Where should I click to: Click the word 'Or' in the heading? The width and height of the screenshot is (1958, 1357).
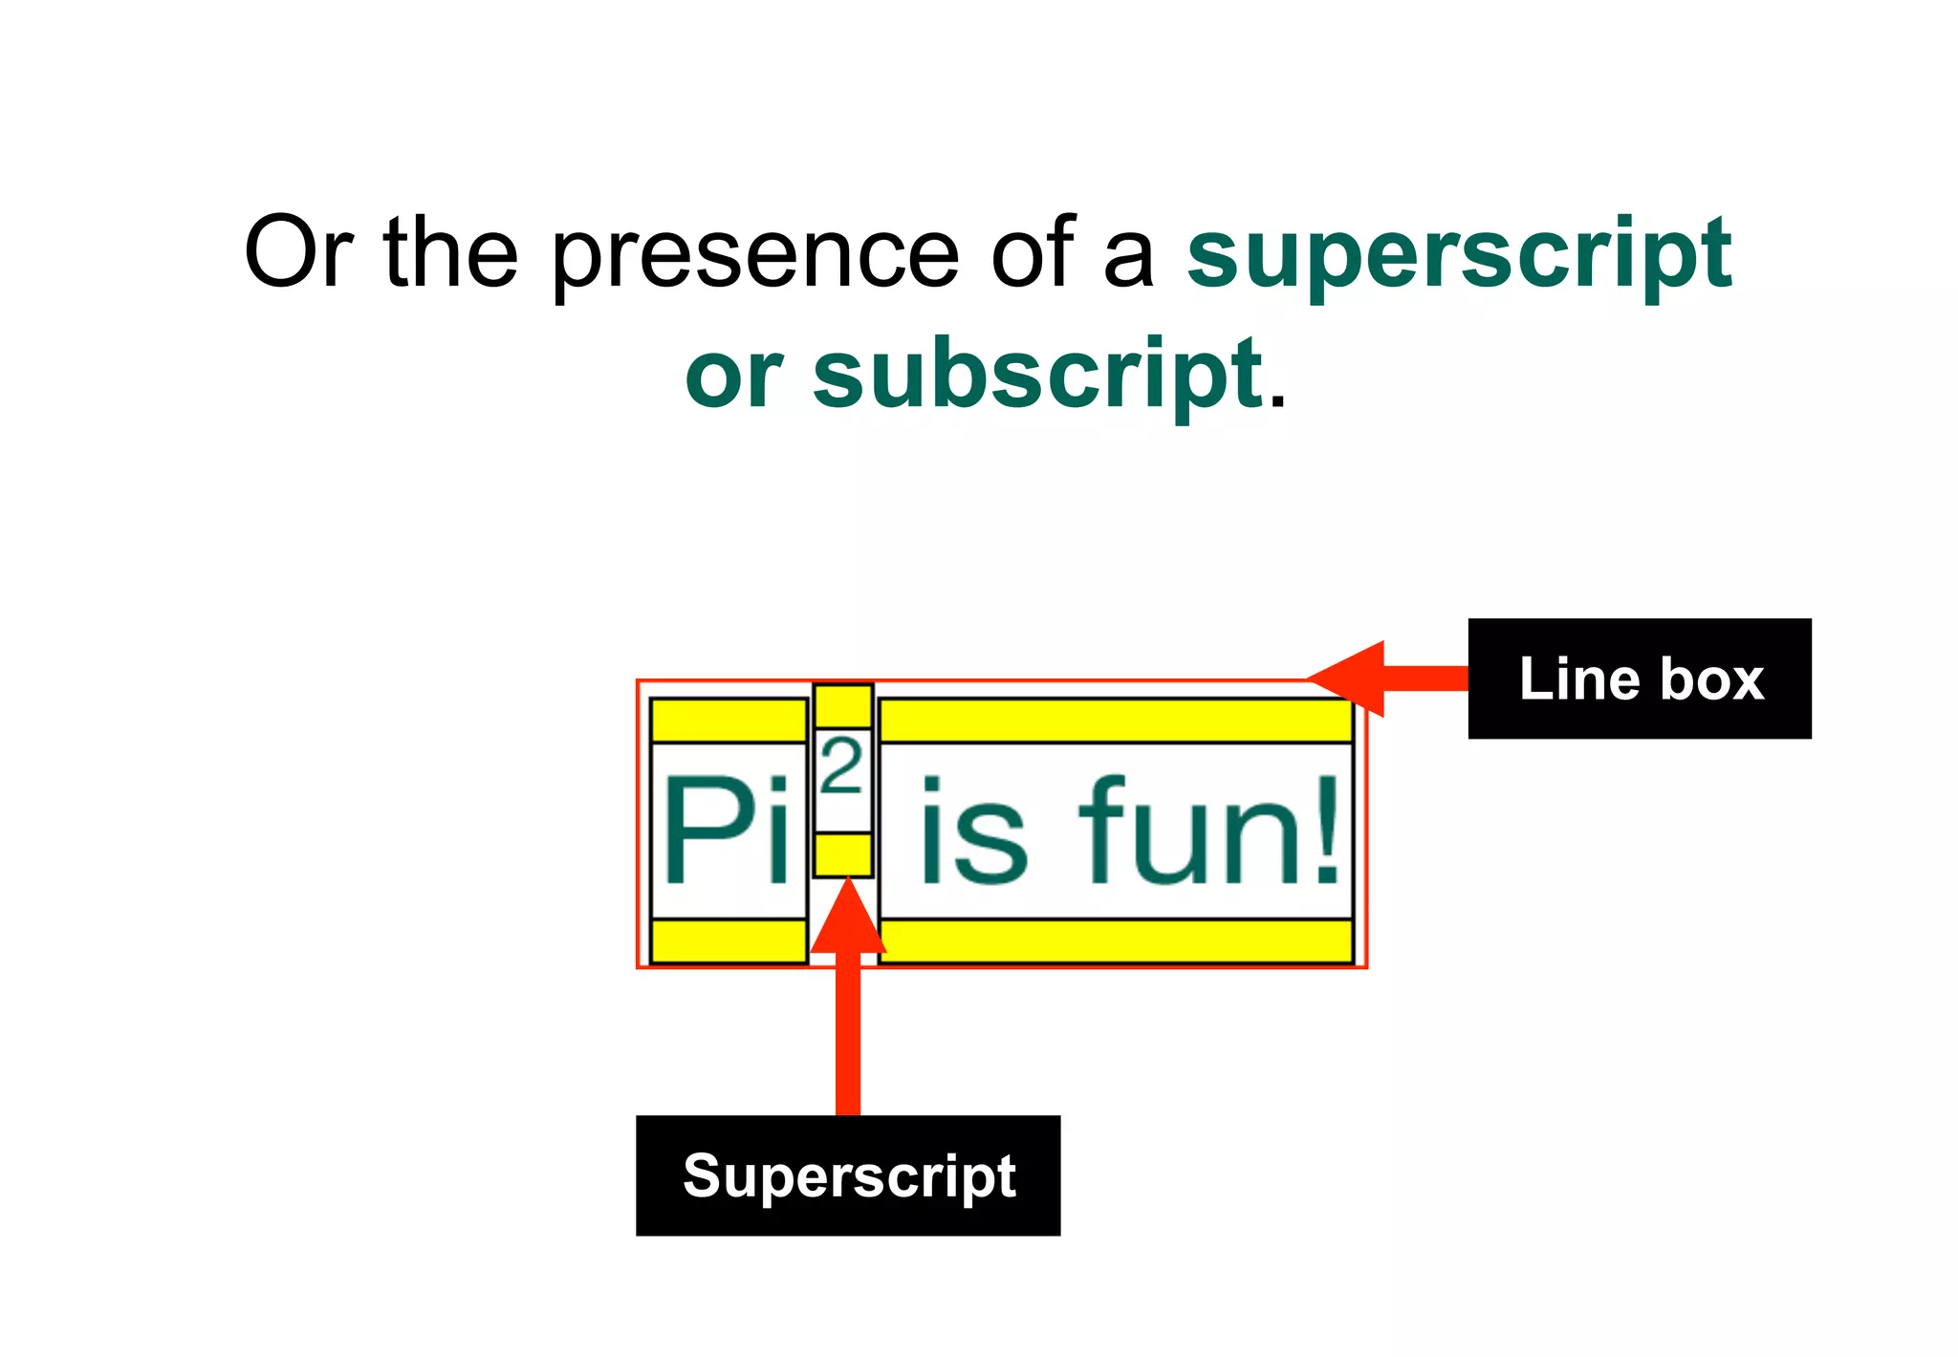pyautogui.click(x=298, y=252)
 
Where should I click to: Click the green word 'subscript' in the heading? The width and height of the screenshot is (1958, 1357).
pyautogui.click(x=1038, y=375)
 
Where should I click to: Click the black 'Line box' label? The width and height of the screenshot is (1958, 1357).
pyautogui.click(x=1639, y=678)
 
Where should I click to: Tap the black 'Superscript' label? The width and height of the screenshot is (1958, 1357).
pyautogui.click(x=848, y=1175)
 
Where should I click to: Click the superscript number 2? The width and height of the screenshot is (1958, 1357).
pyautogui.click(x=842, y=766)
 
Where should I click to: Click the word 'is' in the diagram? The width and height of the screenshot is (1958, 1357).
pyautogui.click(x=973, y=831)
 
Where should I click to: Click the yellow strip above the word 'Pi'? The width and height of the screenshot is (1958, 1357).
pyautogui.click(x=729, y=721)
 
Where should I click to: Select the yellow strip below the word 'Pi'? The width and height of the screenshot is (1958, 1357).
pyautogui.click(x=729, y=941)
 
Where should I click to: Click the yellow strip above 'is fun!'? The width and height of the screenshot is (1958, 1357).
pyautogui.click(x=1115, y=721)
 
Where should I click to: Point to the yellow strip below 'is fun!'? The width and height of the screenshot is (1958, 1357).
pyautogui.click(x=1115, y=941)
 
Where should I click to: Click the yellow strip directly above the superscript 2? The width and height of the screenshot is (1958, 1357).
pyautogui.click(x=842, y=706)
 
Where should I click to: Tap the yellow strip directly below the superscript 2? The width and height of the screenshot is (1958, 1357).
pyautogui.click(x=842, y=853)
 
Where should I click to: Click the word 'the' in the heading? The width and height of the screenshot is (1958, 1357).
pyautogui.click(x=450, y=252)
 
